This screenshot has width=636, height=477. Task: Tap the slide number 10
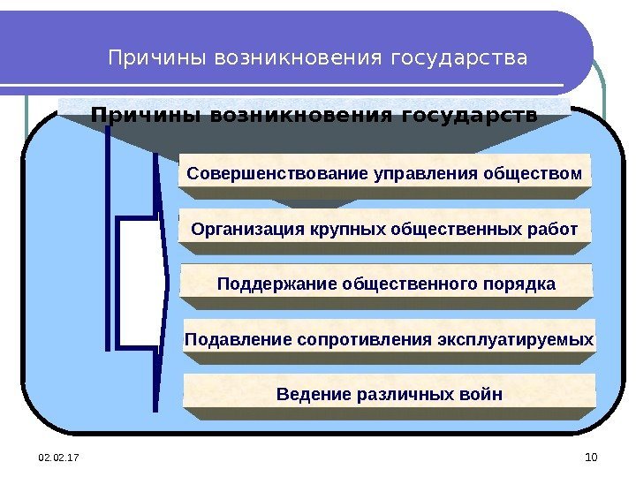coord(592,456)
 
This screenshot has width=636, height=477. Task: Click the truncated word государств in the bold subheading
coord(469,116)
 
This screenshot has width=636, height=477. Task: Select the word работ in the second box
coord(553,230)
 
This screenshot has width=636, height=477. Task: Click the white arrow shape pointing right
coord(141,283)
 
